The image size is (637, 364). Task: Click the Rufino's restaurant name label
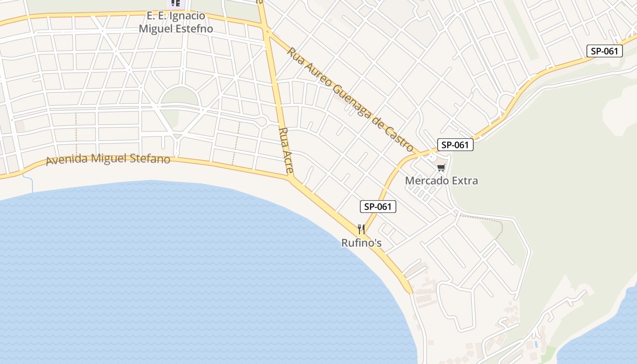coord(361,243)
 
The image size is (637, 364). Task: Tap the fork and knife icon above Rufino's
coord(361,229)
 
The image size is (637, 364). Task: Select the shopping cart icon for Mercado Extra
coord(440,168)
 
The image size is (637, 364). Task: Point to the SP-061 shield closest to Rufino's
coord(378,207)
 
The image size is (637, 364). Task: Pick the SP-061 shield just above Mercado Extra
coord(455,145)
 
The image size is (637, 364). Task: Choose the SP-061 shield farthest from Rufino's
coord(604,51)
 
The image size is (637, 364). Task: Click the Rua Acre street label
coord(286,150)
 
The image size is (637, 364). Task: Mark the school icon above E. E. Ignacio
coord(176,4)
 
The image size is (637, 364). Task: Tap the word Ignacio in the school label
coord(187,16)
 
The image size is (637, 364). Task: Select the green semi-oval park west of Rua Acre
coord(180,96)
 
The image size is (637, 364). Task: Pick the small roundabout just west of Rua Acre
coord(262,121)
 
